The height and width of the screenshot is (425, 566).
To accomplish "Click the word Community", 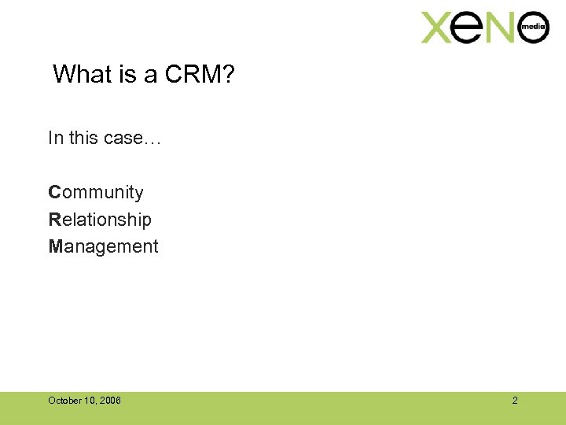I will point(96,193).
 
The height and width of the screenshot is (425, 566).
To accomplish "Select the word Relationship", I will point(100,220).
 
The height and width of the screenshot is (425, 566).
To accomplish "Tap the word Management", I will point(103,246).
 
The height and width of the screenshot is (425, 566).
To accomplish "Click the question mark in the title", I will point(230,75).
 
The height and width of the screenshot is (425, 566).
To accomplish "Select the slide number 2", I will point(515,401).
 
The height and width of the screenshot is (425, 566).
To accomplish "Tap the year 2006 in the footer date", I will point(111,401).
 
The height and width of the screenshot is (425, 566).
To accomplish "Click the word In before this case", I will point(54,138).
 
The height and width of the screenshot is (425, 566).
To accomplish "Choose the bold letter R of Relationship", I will point(54,220).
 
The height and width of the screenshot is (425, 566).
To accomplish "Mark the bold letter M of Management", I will point(55,246).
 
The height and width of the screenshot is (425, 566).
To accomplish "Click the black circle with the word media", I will point(533,27).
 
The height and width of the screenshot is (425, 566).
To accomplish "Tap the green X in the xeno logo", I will point(439,28).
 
